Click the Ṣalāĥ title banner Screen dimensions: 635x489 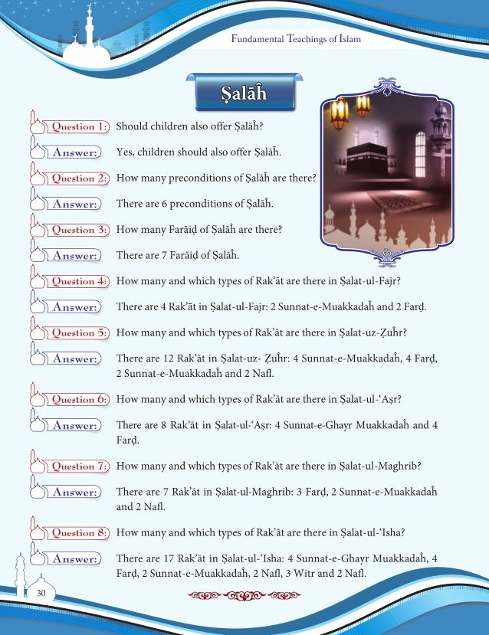point(244,94)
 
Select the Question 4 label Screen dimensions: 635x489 point(79,281)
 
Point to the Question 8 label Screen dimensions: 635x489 point(79,533)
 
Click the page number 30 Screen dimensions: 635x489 point(40,593)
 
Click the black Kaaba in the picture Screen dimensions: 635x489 point(368,157)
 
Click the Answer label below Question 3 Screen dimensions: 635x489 point(74,255)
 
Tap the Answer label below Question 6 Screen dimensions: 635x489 point(74,425)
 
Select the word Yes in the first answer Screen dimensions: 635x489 point(125,152)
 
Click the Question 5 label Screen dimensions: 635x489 point(79,333)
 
